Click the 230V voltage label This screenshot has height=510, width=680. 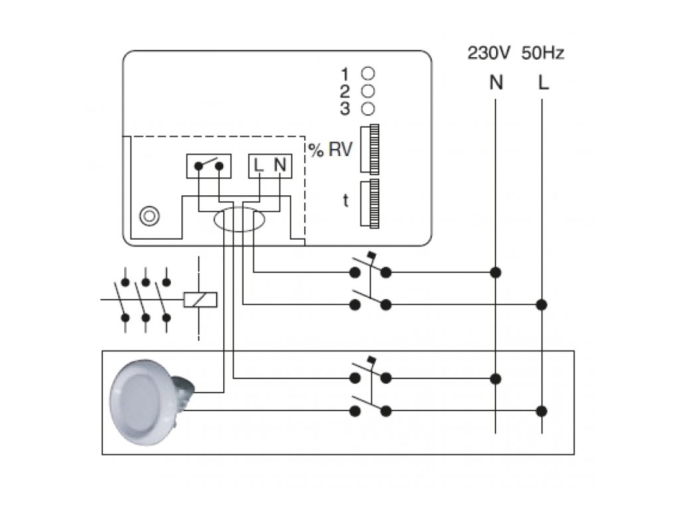click(x=489, y=53)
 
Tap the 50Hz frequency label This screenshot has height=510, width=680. click(x=543, y=53)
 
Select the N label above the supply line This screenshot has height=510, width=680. click(x=495, y=82)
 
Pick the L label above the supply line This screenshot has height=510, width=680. click(x=543, y=82)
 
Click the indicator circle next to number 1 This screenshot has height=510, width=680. click(x=368, y=73)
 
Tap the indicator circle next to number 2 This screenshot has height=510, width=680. click(x=368, y=91)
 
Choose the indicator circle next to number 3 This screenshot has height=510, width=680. click(x=368, y=108)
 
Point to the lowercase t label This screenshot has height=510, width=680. click(x=345, y=201)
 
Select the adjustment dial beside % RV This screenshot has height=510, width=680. click(x=369, y=149)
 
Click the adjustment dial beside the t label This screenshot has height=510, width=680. click(x=369, y=203)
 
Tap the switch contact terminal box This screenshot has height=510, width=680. click(x=209, y=165)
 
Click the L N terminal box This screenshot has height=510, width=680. click(x=270, y=165)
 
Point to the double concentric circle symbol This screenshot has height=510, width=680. click(x=149, y=216)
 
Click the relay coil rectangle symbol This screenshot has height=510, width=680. click(x=201, y=299)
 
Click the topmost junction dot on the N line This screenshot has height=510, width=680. click(x=495, y=272)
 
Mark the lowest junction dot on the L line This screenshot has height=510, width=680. click(x=541, y=410)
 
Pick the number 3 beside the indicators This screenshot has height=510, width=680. click(x=345, y=108)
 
